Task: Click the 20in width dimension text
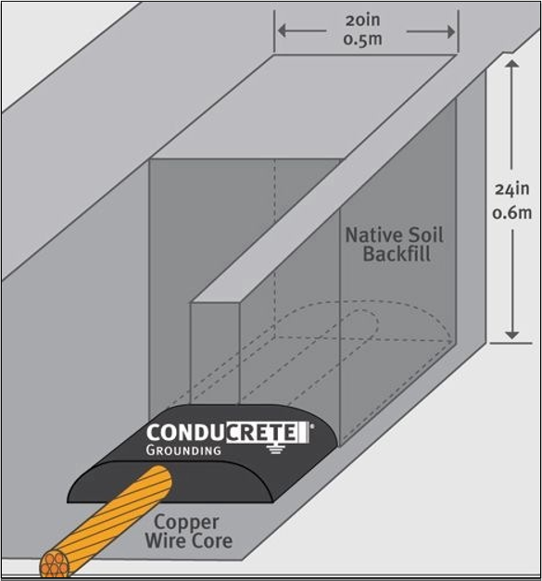pos(362,20)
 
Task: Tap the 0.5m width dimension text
pos(362,39)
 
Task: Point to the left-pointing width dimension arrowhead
pos(283,32)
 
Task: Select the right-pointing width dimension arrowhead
pos(451,32)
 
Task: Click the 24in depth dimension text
pos(512,189)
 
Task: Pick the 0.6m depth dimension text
pos(512,213)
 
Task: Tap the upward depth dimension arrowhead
pos(512,64)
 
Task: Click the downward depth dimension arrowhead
pos(512,335)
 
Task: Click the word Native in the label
pos(373,235)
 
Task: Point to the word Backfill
pos(397,254)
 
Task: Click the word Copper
pos(186,523)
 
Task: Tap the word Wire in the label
pos(163,540)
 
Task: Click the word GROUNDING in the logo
pos(183,450)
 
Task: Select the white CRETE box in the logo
pos(268,432)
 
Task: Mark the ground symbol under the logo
pos(274,448)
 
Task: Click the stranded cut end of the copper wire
pos(55,564)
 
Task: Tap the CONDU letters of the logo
pos(186,433)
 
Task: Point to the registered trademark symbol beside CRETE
pos(311,426)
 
